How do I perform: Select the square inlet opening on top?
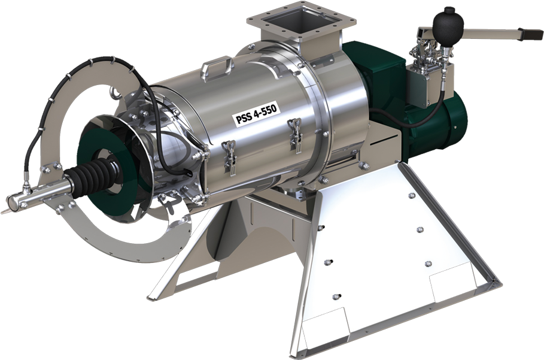[x=301, y=23]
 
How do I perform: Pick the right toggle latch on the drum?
[x=295, y=135]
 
